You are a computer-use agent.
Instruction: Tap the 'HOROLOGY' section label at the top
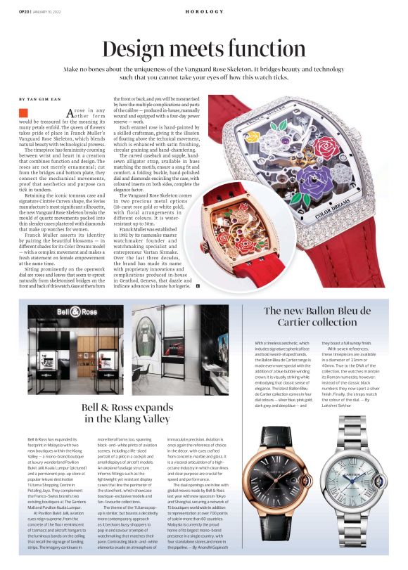point(204,11)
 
